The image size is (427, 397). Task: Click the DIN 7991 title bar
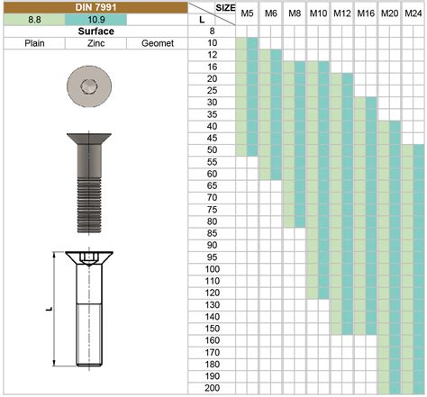pos(95,7)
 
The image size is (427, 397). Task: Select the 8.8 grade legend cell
pos(34,20)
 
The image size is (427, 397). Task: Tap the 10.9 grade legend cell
pos(95,20)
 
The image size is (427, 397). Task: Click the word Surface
pos(95,32)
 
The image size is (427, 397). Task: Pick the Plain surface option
pos(34,43)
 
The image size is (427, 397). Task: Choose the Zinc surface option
pos(95,43)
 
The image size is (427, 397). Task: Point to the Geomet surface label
pos(158,43)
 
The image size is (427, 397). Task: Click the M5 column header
pos(247,14)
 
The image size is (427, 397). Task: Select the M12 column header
pos(341,14)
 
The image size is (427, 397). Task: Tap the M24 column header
pos(413,14)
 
